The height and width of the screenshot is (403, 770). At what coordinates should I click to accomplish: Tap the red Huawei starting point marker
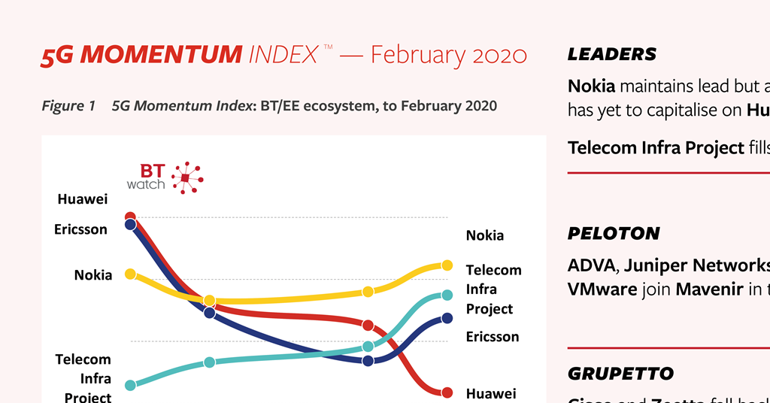[x=130, y=217]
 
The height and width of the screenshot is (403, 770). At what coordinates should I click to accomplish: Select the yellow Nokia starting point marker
[x=130, y=274]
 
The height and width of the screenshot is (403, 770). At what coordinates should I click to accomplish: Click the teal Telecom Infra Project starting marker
[x=130, y=385]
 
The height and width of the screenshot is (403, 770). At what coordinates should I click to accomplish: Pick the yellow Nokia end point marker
[x=447, y=265]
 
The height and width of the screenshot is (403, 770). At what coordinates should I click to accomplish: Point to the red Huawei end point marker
[x=447, y=392]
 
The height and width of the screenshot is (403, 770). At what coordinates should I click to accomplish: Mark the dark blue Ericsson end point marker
[x=447, y=318]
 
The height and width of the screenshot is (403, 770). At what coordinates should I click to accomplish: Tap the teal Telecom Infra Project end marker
[x=447, y=295]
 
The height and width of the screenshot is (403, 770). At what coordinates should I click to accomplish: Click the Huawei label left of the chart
[x=83, y=199]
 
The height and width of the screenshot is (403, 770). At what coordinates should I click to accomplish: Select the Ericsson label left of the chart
[x=80, y=229]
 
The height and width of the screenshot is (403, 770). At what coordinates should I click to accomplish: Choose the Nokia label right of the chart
[x=485, y=235]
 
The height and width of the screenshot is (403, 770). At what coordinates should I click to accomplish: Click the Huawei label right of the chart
[x=491, y=393]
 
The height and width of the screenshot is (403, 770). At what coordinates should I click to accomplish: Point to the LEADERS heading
[x=611, y=54]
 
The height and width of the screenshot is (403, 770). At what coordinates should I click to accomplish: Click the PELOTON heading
[x=613, y=233]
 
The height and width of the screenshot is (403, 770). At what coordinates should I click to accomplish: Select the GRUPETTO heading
[x=620, y=374]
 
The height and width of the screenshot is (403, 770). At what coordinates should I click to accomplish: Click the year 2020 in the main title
[x=499, y=54]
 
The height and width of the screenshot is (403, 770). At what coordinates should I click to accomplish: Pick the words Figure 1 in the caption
[x=68, y=106]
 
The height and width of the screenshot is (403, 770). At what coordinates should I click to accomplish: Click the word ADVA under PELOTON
[x=591, y=265]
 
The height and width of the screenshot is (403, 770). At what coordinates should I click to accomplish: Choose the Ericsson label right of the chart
[x=493, y=336]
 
